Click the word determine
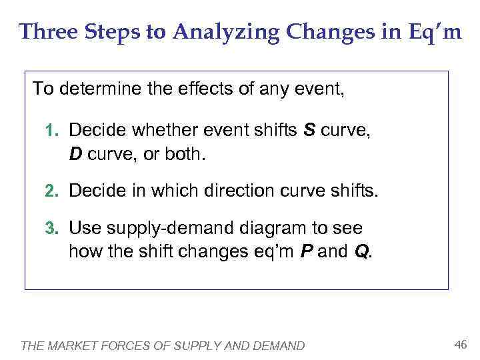coord(97,89)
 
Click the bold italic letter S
coord(309,129)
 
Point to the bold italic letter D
coord(75,155)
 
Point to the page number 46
coord(459,344)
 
